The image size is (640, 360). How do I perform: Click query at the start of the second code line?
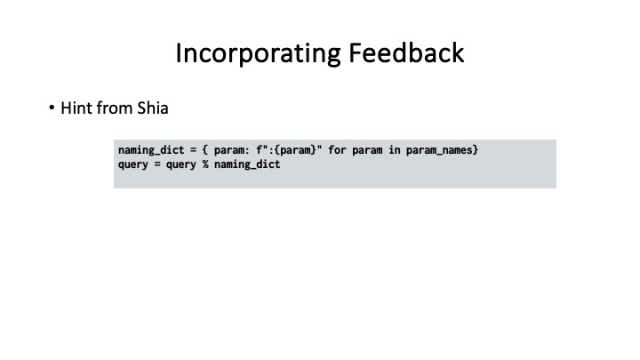tap(133, 164)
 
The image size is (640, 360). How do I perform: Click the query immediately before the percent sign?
tap(185, 164)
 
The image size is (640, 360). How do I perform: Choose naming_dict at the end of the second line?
tap(251, 164)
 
